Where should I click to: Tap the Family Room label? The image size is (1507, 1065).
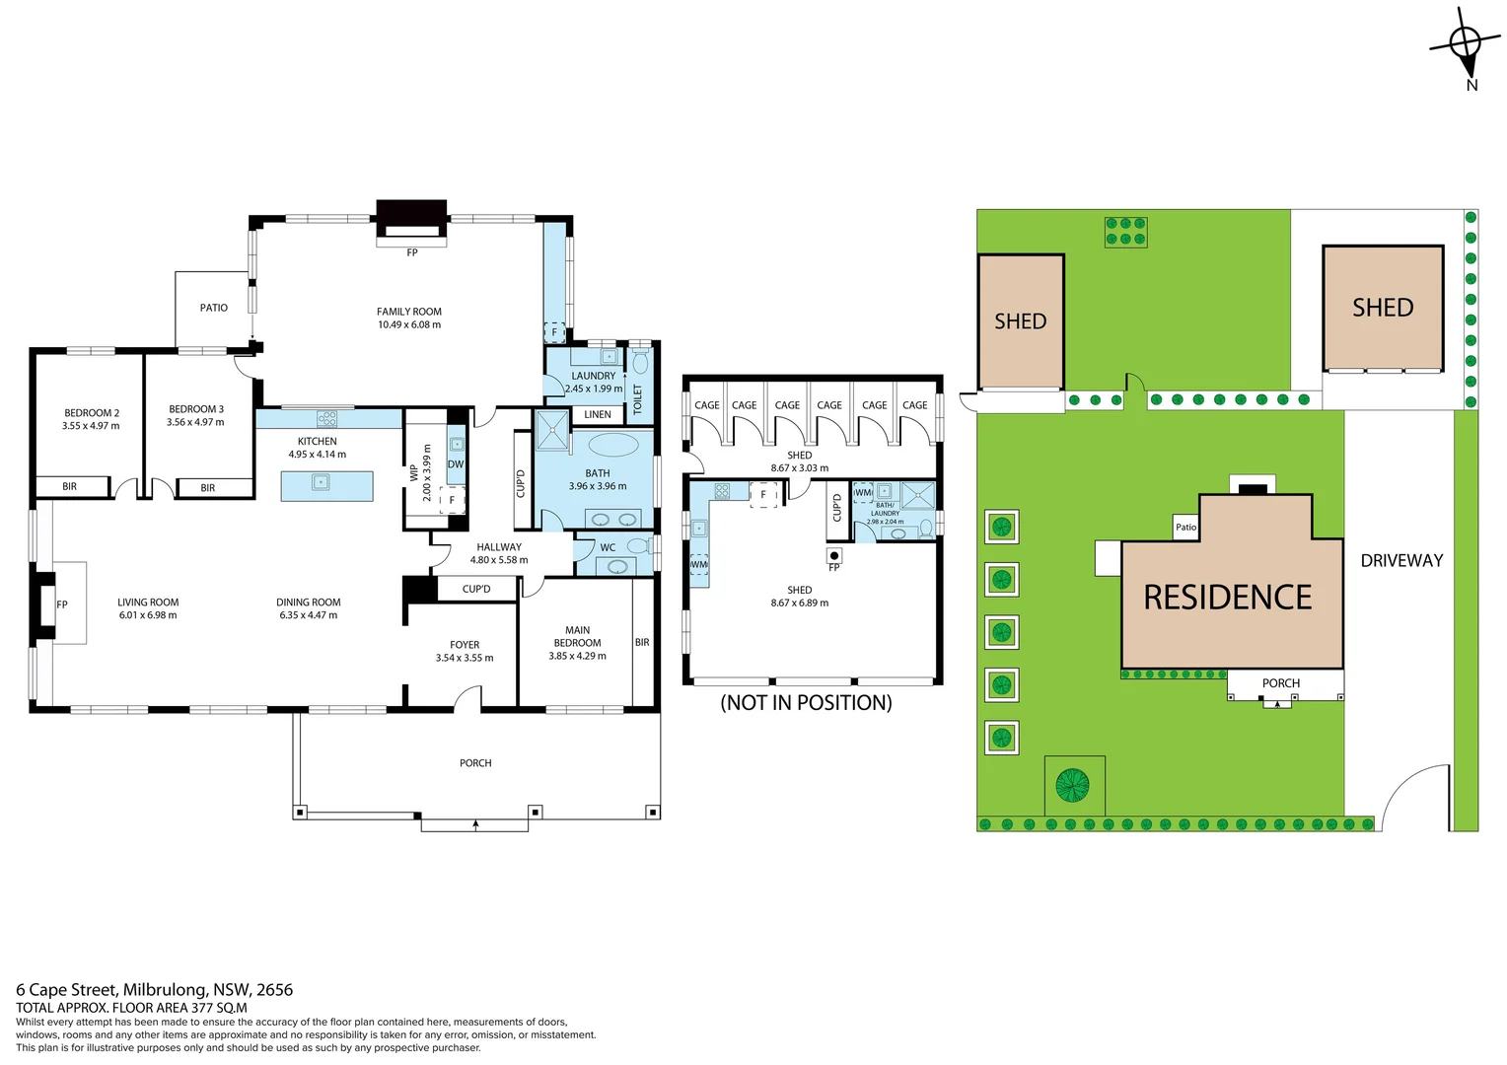(x=409, y=312)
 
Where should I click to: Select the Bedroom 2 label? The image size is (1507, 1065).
(x=92, y=413)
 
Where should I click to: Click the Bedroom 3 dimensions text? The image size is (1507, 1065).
(x=195, y=422)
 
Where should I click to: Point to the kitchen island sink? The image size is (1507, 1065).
(x=320, y=482)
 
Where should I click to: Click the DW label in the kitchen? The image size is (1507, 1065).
(x=456, y=464)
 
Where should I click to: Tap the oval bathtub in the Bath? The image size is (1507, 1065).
(x=613, y=444)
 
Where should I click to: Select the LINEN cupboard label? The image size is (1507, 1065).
(x=598, y=414)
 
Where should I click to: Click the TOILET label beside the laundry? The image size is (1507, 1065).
(x=637, y=398)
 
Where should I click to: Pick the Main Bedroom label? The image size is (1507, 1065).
(x=578, y=636)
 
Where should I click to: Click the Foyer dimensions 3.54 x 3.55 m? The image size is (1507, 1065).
(x=465, y=658)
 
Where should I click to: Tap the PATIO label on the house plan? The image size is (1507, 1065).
(x=214, y=308)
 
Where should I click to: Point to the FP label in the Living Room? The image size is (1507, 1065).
(x=62, y=604)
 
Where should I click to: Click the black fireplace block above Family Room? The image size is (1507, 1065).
(x=411, y=213)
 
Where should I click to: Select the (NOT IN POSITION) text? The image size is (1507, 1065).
(x=806, y=702)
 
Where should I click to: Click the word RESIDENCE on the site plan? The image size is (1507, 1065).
(x=1228, y=598)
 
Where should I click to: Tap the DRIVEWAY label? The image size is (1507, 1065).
(x=1401, y=560)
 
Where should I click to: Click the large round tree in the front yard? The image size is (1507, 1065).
(x=1072, y=785)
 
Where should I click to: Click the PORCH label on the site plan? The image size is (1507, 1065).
(x=1281, y=683)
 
